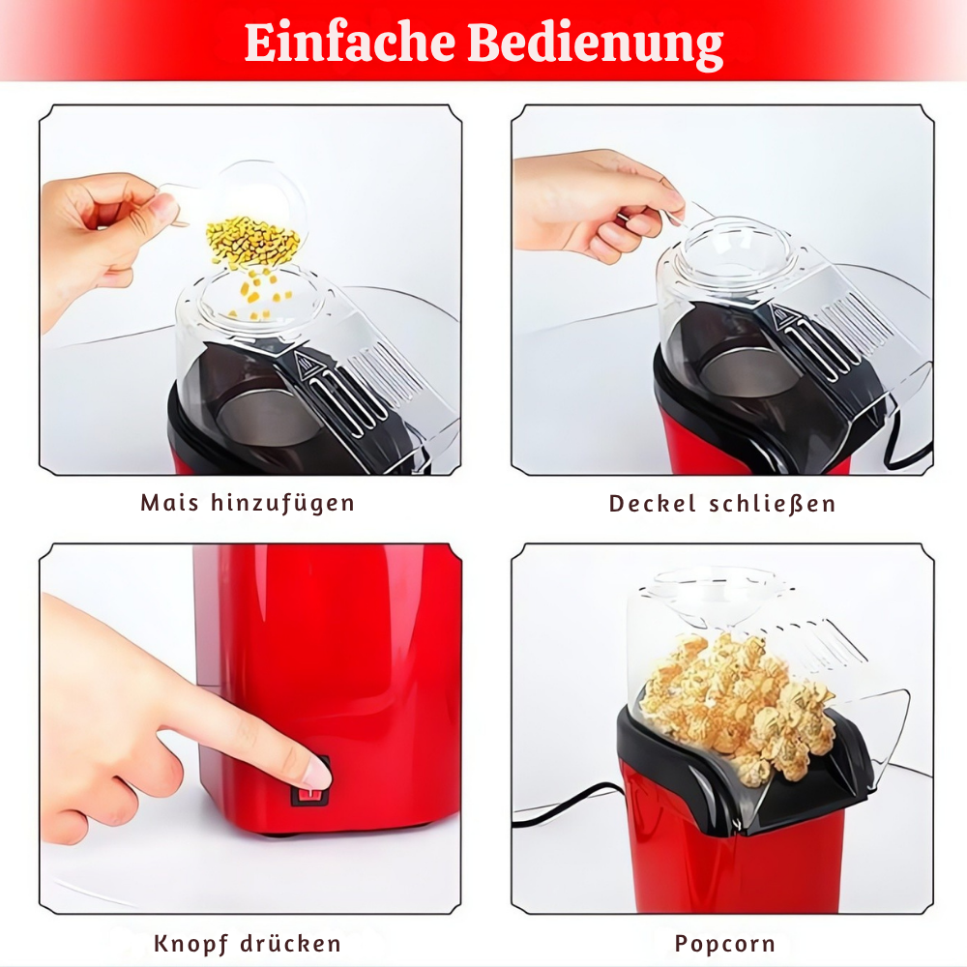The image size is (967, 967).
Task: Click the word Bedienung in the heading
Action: click(596, 43)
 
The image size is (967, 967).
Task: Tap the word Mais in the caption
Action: click(170, 503)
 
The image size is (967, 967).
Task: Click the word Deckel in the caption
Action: click(652, 504)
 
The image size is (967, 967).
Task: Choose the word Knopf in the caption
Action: click(192, 944)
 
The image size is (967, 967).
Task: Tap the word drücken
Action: click(293, 944)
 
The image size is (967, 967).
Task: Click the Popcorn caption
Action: click(724, 944)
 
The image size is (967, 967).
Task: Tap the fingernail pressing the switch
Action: click(316, 771)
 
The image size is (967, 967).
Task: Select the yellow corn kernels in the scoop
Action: click(251, 242)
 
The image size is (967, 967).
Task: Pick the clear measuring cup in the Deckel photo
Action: click(735, 251)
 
